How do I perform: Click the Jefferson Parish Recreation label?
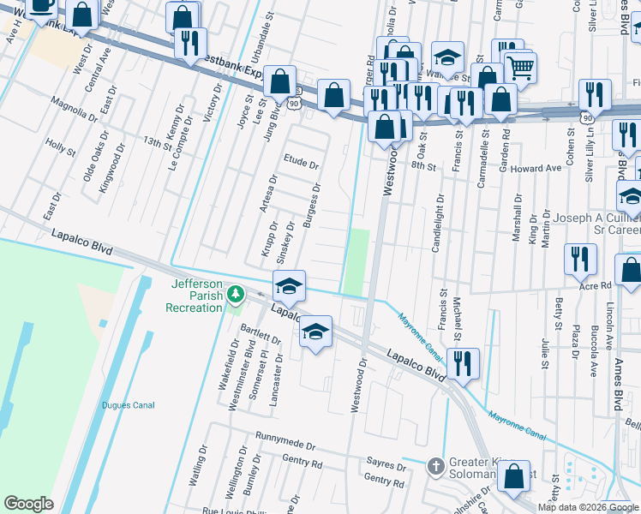pos(197,296)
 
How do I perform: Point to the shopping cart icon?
pos(520,67)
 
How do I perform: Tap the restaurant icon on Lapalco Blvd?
pos(463,362)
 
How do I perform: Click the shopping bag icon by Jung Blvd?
pos(280,82)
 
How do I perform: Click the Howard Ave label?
pos(536,169)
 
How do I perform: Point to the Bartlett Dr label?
pos(255,329)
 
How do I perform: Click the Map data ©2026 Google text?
pos(588,507)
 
